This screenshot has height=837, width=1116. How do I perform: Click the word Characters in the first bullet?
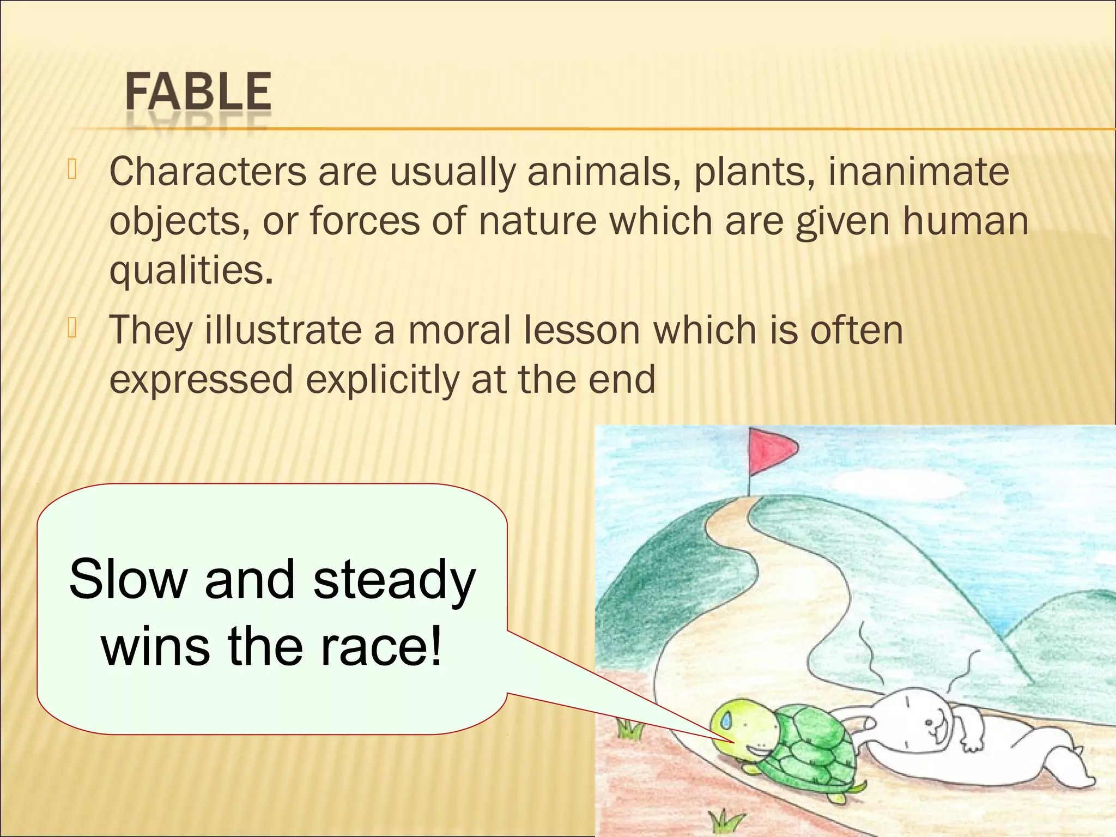(x=208, y=172)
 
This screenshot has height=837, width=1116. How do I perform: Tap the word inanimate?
(x=918, y=172)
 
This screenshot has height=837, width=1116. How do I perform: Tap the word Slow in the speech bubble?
(x=128, y=579)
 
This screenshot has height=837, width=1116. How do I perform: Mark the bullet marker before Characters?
(x=72, y=169)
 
